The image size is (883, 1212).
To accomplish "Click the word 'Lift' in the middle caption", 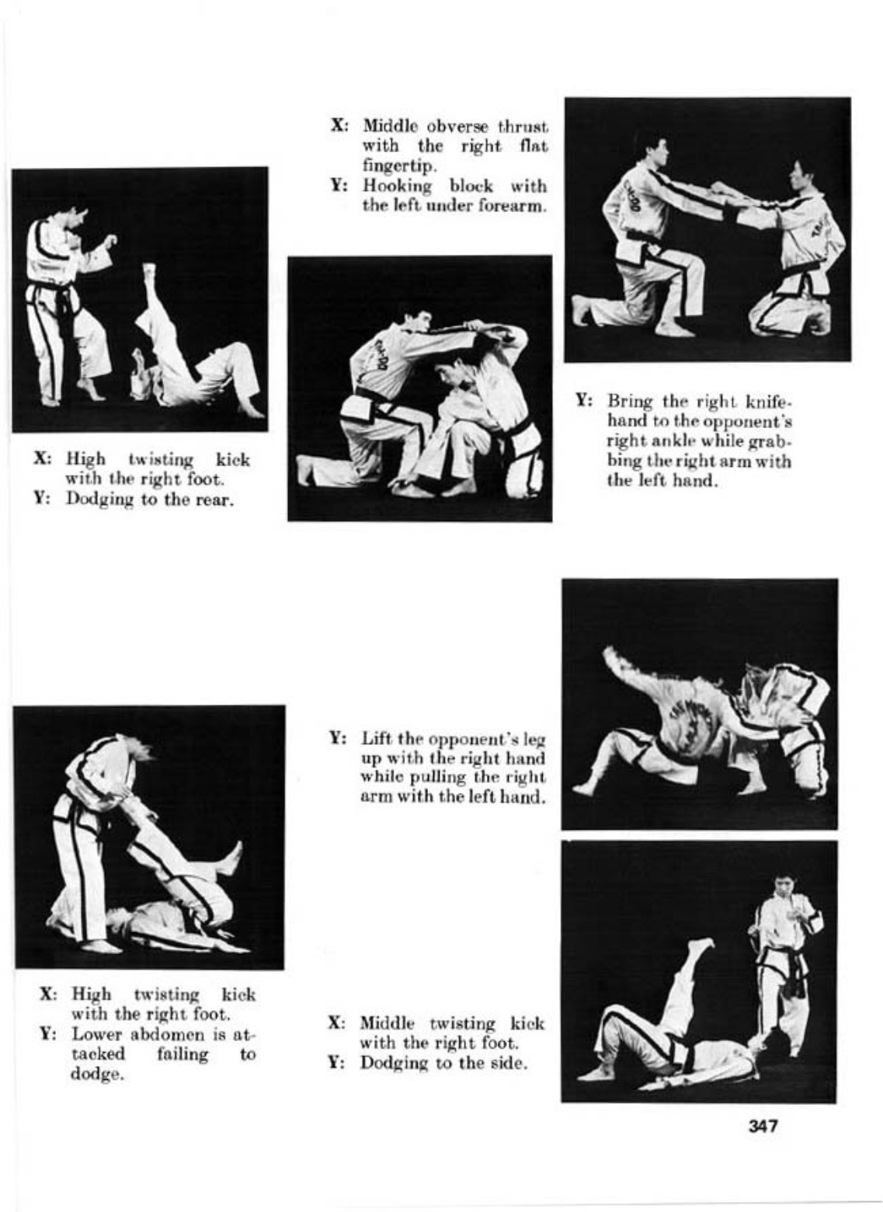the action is pos(376,738).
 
